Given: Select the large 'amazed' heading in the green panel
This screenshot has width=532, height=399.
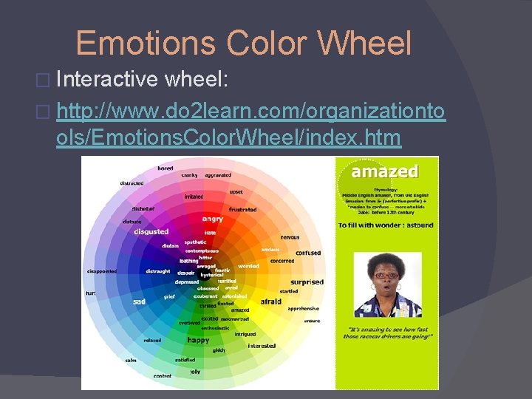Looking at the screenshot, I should [x=386, y=171].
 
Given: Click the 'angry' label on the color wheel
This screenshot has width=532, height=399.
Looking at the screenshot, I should [x=213, y=219].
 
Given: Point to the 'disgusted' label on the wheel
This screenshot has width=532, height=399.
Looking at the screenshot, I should [x=151, y=231].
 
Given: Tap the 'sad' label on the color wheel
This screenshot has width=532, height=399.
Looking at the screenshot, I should [x=139, y=301].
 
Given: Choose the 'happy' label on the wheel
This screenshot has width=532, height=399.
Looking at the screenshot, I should [x=198, y=340].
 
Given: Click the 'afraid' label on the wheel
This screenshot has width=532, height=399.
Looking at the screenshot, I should [x=271, y=301].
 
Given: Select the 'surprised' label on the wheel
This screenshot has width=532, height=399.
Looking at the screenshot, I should [x=307, y=282].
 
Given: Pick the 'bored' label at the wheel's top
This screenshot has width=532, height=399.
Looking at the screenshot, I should [x=166, y=168].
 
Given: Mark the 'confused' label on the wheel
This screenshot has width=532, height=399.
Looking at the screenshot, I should [x=308, y=253].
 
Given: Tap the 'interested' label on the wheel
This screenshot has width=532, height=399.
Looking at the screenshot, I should [x=262, y=346].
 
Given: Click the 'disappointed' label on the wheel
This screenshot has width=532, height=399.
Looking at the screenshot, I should [x=101, y=271].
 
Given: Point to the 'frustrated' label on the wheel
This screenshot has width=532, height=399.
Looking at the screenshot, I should [x=242, y=210].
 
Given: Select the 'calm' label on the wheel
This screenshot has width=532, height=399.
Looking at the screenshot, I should [x=130, y=361].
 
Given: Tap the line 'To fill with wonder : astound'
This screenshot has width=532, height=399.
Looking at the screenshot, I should [x=385, y=225].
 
